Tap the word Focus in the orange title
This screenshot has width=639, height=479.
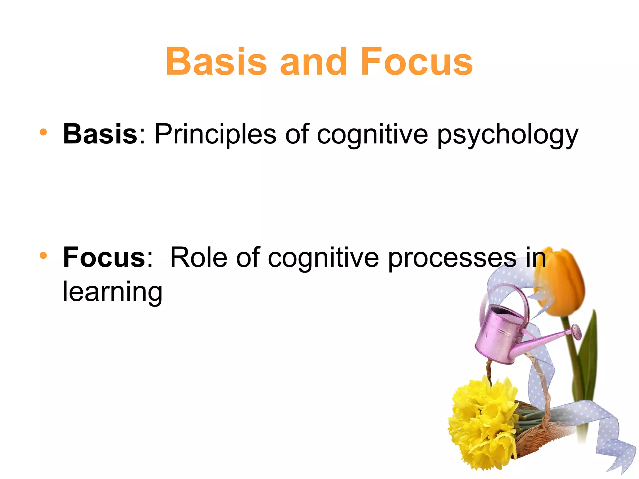click(417, 61)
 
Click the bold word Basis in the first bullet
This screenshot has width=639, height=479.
click(100, 134)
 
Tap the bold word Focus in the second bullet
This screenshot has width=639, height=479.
click(104, 258)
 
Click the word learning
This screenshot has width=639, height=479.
click(112, 292)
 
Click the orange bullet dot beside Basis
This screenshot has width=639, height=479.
click(43, 132)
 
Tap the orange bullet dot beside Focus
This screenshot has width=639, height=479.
click(43, 256)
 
